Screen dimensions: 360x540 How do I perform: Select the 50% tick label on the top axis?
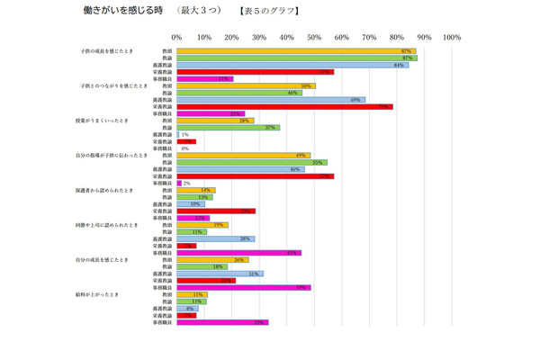coord(314,38)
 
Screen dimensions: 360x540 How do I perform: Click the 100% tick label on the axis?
coord(452,38)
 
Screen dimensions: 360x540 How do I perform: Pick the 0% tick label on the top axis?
coord(177,38)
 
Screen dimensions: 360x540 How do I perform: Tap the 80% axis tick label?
coord(397,38)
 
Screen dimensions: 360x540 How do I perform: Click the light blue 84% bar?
coord(292,65)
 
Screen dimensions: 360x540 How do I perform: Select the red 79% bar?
coord(285,106)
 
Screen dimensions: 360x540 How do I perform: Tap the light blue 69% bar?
coord(272,99)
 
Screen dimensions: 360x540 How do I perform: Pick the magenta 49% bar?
coord(244,287)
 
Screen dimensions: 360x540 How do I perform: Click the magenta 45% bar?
coord(238,253)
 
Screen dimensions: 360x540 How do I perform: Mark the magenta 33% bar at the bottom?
coord(222,322)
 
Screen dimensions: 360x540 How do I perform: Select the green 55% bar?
coord(252,162)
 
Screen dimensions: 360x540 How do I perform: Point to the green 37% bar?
coord(228,128)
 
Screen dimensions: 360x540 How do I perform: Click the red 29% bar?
coord(216,211)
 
